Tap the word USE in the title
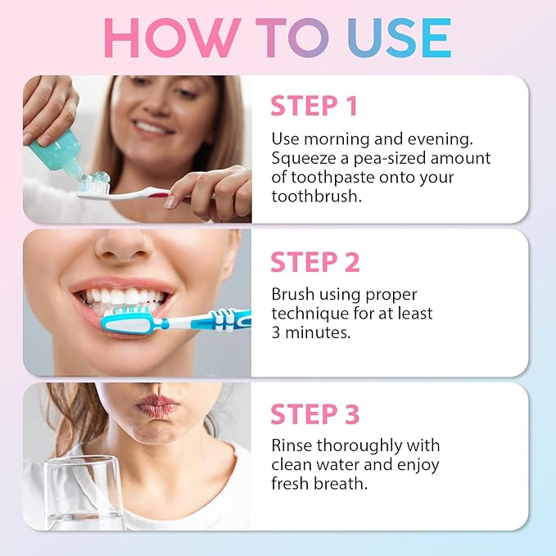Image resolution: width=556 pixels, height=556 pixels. [399, 37]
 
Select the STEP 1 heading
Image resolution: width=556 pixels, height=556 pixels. [315, 106]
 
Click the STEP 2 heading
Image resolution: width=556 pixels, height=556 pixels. [315, 262]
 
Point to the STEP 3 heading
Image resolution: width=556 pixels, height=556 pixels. [315, 415]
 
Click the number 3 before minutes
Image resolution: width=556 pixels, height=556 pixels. [277, 332]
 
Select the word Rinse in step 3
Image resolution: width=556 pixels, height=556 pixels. [292, 445]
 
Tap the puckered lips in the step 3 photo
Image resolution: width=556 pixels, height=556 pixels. [156, 405]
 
